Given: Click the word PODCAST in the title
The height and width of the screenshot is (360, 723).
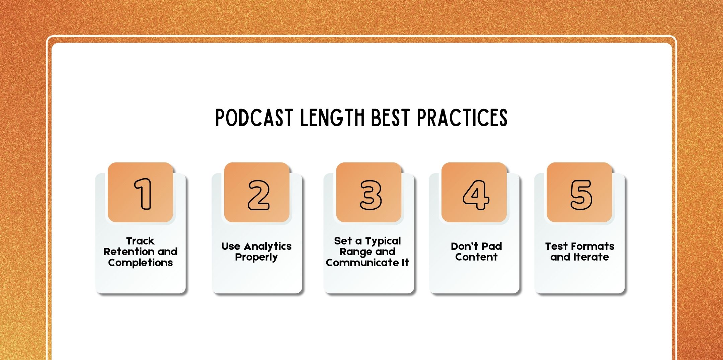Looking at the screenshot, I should click(254, 118).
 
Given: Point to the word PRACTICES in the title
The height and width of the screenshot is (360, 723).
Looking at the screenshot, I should click(462, 118).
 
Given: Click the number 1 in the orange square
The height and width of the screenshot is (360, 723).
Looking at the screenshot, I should click(143, 194).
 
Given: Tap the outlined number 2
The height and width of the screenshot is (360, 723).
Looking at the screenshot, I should click(258, 195).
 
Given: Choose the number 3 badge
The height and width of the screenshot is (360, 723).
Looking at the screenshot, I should click(371, 195).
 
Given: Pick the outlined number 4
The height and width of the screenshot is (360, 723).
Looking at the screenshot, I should click(476, 195).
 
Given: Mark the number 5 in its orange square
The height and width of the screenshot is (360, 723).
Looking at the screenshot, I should click(581, 195).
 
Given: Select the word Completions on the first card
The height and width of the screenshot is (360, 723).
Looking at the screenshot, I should click(140, 263).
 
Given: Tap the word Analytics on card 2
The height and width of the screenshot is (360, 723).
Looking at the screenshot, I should click(267, 246).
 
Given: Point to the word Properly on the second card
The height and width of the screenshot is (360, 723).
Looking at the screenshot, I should click(256, 257).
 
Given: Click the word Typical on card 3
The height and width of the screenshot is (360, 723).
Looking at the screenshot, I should click(383, 241).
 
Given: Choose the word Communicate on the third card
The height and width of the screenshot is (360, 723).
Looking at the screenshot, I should click(361, 263).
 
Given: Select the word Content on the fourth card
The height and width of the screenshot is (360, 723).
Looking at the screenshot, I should click(476, 257).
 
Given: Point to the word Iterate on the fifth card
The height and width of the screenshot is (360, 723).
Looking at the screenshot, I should click(591, 257).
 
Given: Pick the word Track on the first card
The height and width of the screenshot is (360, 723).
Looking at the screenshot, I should click(140, 241).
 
